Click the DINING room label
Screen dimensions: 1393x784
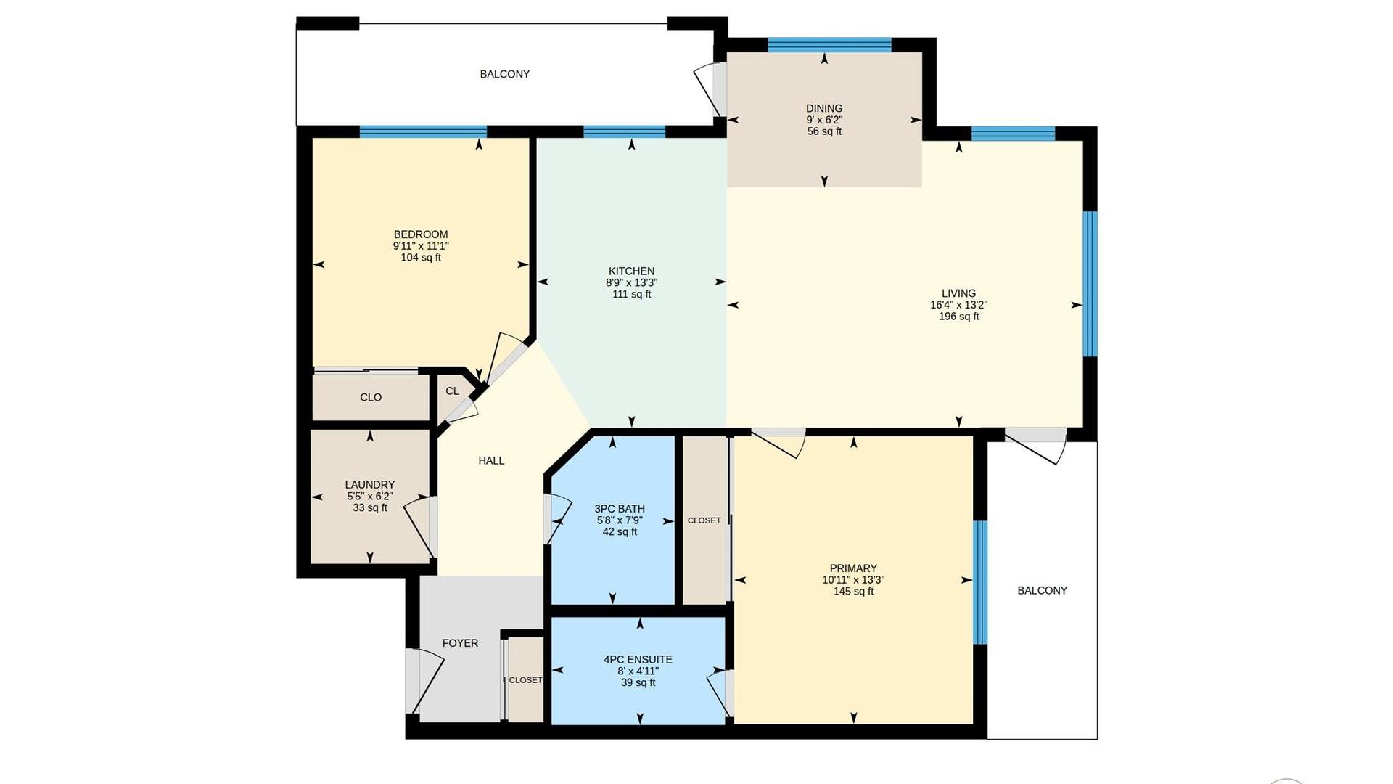824,108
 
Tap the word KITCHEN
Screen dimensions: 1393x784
631,271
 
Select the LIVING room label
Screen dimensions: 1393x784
958,293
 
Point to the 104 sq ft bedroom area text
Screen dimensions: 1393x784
421,258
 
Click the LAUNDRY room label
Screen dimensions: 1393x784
370,484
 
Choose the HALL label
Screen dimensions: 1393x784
491,460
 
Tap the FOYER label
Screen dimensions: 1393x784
460,642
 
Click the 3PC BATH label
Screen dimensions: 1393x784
620,508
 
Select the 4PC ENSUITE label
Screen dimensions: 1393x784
638,659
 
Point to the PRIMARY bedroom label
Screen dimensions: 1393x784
853,568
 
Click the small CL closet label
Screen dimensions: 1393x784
452,391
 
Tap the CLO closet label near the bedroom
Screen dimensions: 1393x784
371,397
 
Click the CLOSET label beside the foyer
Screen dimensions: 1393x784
525,680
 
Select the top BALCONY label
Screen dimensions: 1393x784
504,74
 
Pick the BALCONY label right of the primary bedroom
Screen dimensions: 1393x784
1042,590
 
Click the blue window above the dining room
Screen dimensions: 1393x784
829,44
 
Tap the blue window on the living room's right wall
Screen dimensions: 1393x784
1090,283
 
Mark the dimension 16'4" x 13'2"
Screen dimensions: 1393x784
958,305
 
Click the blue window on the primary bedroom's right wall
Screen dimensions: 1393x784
979,582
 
